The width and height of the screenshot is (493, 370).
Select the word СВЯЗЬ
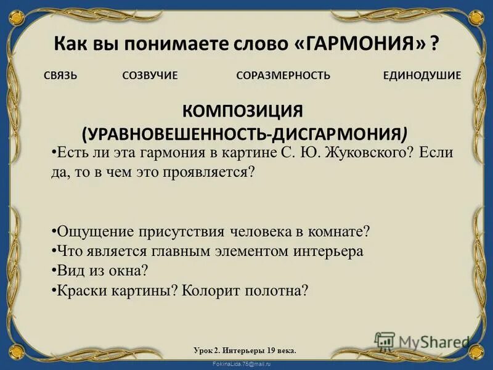tap(60, 76)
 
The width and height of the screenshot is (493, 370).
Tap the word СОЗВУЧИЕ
tap(150, 76)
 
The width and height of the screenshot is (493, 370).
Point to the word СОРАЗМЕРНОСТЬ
tap(283, 76)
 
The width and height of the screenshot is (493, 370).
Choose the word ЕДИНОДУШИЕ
tap(422, 76)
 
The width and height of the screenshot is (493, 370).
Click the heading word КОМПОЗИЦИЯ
tap(242, 112)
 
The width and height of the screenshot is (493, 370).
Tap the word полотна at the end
tap(277, 290)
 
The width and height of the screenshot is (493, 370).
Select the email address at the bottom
tap(246, 364)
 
